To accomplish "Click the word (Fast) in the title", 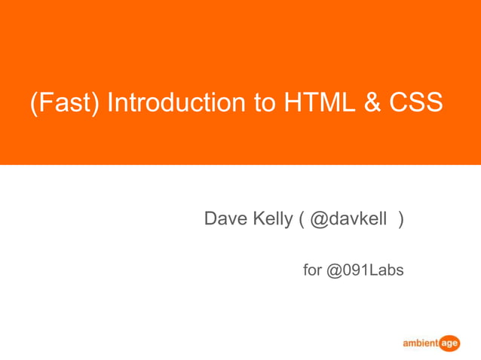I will tap(64, 103).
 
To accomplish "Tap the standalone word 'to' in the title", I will tap(265, 102).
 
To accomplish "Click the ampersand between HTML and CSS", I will tap(372, 102).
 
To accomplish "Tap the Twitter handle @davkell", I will tap(348, 219).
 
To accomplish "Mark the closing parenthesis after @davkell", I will tap(401, 220).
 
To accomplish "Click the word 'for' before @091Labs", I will tap(312, 270).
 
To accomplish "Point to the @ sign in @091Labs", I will tap(334, 270).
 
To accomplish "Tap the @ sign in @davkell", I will tap(317, 220).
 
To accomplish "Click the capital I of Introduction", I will tap(110, 102).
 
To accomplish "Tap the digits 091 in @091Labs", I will tap(355, 270).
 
